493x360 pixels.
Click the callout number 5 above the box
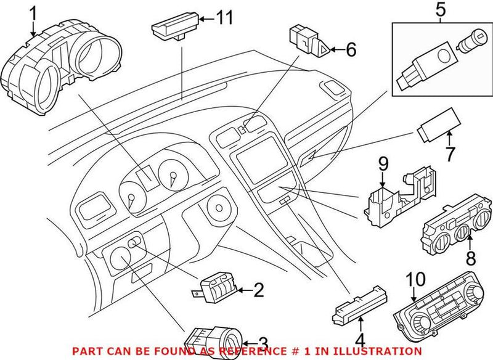click(439, 9)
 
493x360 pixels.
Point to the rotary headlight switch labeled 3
click(216, 340)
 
